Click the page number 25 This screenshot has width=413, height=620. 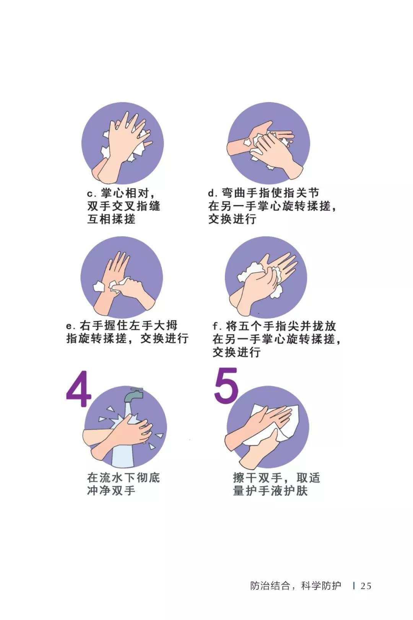point(366,586)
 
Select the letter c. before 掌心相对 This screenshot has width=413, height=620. point(91,194)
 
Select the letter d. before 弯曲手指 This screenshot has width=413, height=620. point(213,193)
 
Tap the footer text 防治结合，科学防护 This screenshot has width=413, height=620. point(295,586)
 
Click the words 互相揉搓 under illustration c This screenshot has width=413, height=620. point(111,219)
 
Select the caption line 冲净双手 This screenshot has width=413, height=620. point(111,490)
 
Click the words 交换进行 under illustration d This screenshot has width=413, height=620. point(232,219)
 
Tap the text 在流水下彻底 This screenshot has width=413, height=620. point(123,478)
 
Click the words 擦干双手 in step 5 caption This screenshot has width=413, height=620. point(257,478)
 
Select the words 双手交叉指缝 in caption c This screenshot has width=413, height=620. point(123,206)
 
